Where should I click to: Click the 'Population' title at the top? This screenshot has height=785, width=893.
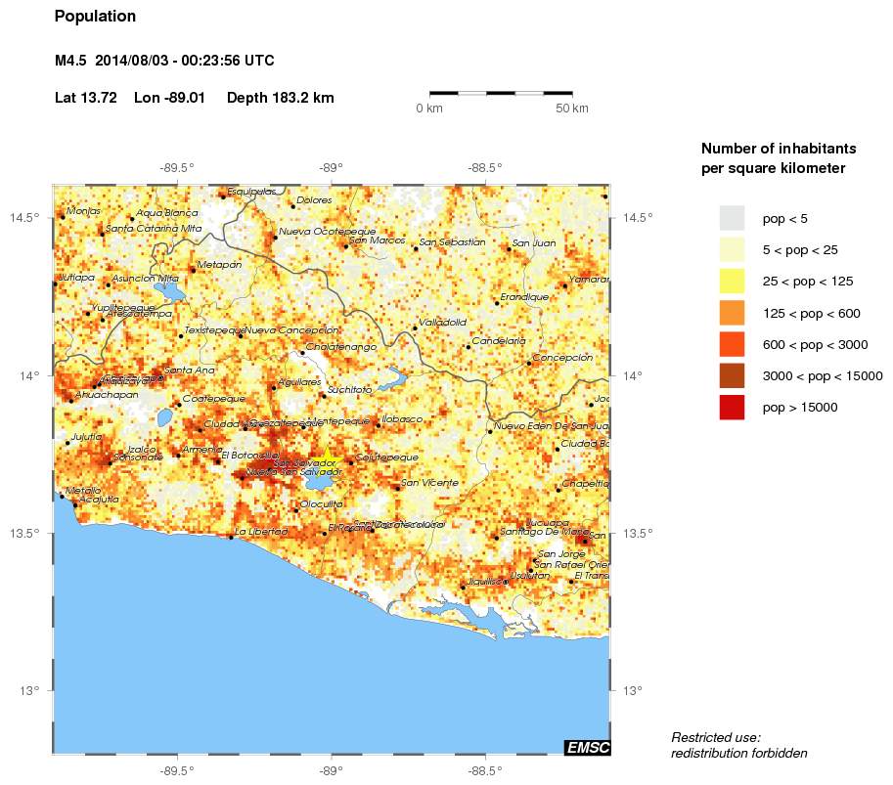tap(95, 17)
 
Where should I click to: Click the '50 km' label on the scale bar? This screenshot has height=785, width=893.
tap(571, 109)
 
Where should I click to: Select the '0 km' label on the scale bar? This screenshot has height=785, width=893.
tap(429, 109)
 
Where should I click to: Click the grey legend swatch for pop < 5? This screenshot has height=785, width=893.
tap(732, 217)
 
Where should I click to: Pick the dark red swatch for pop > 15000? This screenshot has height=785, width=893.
tap(732, 408)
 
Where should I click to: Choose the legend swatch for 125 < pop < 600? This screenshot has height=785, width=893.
tap(732, 313)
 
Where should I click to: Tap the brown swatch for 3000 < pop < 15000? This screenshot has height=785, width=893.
tap(732, 376)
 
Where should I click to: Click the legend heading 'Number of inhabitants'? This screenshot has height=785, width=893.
tap(779, 149)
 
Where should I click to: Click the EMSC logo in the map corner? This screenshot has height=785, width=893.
tap(587, 748)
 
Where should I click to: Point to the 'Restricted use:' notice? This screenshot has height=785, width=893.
tap(715, 737)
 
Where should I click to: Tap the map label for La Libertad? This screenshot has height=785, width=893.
tap(262, 532)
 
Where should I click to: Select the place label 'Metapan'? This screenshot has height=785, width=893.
tap(218, 265)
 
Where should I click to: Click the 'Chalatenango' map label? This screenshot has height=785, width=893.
tap(341, 347)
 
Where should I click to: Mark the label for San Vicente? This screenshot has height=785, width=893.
tap(429, 483)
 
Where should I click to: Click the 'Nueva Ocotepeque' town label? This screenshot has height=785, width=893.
tap(327, 232)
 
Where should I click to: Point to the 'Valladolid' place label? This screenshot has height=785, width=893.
tap(442, 322)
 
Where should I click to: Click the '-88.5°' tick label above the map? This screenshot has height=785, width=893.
tap(485, 167)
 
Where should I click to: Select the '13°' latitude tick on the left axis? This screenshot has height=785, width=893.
tap(29, 691)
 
